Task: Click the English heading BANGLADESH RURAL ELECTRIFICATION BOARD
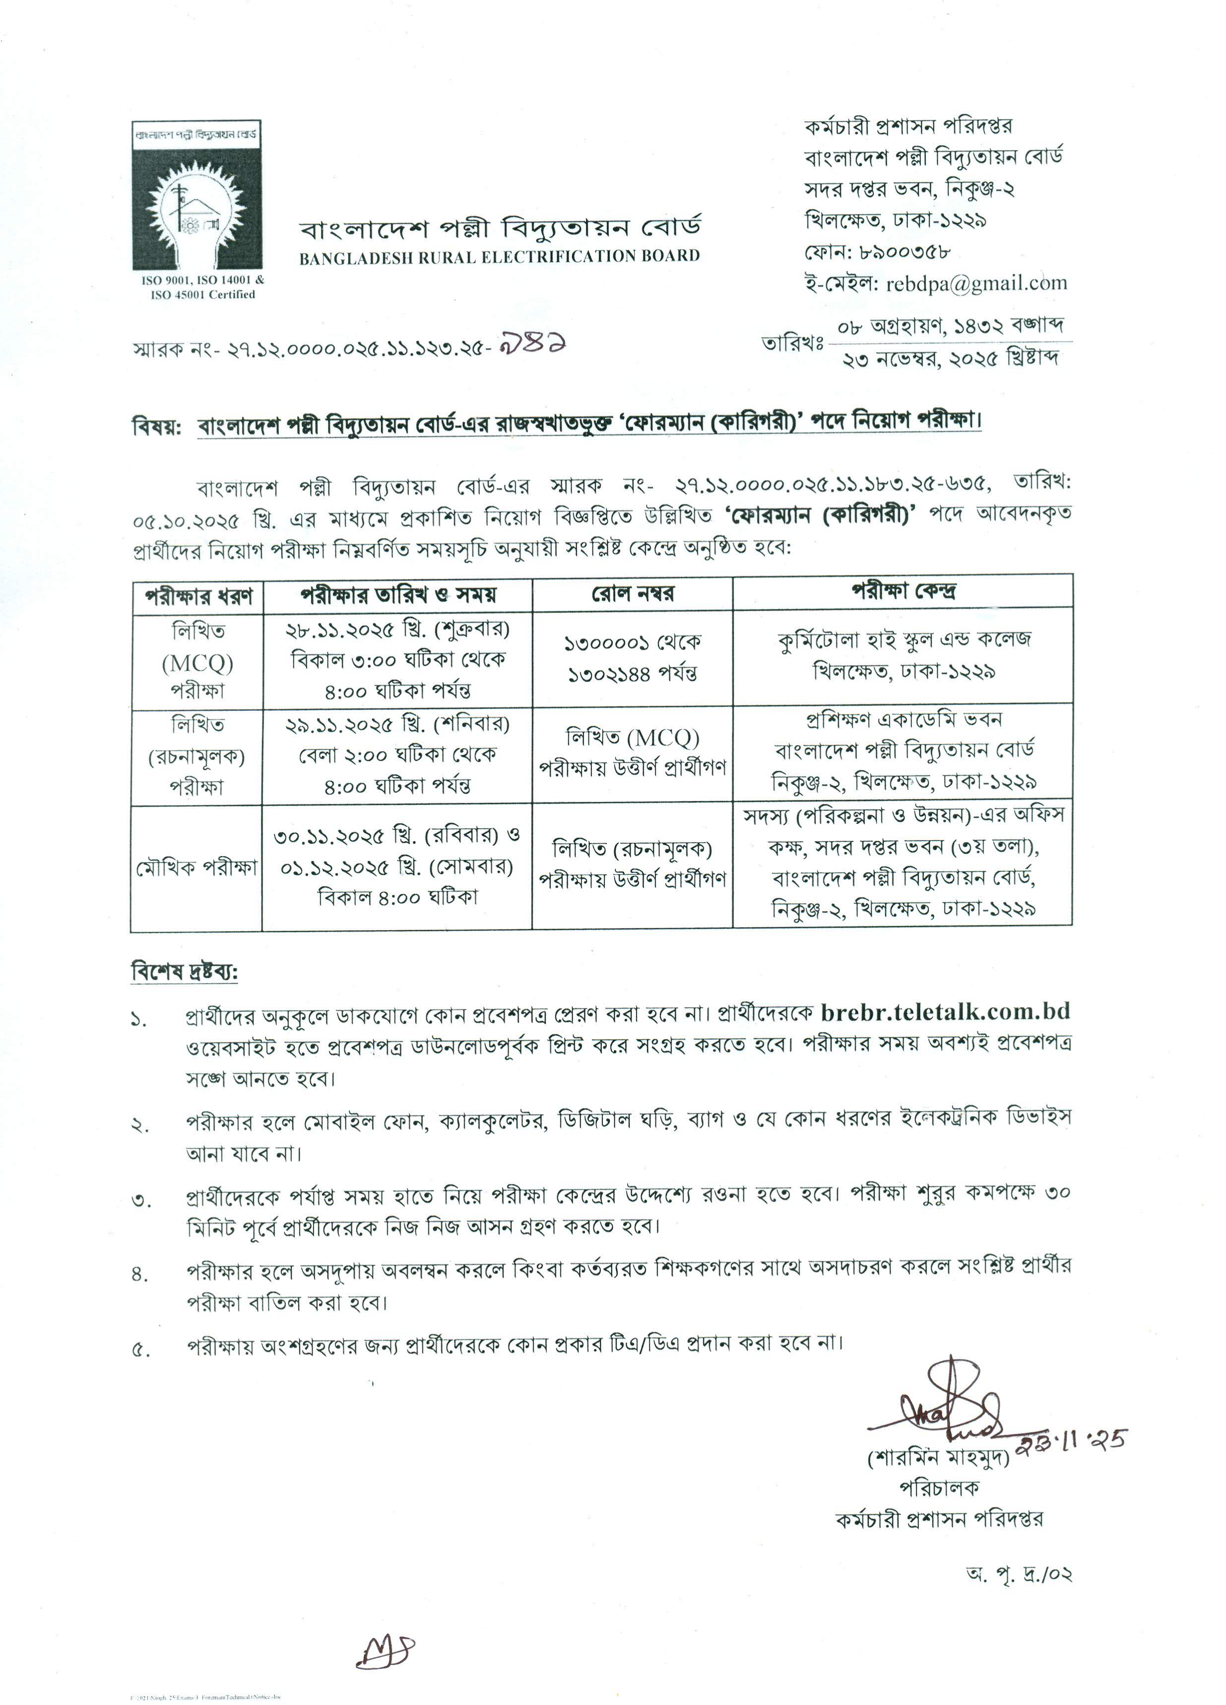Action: point(499,257)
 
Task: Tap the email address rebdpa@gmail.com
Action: point(976,283)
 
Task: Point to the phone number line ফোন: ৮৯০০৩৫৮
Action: point(878,251)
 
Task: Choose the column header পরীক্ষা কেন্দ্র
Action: point(903,591)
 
